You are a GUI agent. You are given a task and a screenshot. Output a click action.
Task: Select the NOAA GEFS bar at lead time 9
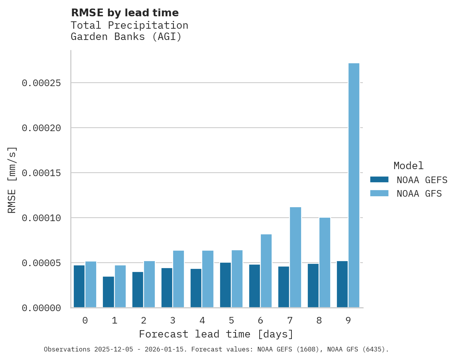(x=342, y=284)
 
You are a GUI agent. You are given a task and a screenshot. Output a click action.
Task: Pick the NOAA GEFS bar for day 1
(x=108, y=292)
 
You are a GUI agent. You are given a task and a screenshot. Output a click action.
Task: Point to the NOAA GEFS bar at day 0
(x=79, y=286)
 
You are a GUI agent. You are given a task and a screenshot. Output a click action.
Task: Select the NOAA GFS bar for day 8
(x=324, y=263)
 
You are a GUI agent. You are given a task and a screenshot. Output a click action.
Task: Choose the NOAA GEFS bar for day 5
(x=225, y=285)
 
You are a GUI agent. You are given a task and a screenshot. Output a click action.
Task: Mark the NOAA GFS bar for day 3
(x=179, y=279)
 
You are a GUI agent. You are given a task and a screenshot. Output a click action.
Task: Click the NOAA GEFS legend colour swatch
(x=379, y=180)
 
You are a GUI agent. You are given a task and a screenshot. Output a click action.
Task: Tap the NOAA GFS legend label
(x=419, y=194)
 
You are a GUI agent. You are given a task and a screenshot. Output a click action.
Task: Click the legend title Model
(x=408, y=166)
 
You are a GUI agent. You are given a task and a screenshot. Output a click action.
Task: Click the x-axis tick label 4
(x=202, y=320)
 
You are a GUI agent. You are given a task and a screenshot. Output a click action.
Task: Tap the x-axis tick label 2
(x=144, y=320)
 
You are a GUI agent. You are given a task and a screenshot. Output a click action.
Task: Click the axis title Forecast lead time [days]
(x=216, y=334)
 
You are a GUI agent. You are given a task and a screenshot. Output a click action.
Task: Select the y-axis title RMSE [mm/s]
(x=12, y=180)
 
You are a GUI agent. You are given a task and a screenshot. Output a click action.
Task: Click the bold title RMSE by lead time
(x=125, y=13)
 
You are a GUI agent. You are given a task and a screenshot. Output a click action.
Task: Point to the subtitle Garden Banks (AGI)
(x=126, y=37)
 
